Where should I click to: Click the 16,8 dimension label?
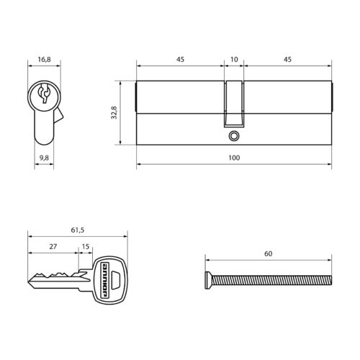(45, 59)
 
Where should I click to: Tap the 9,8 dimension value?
(44, 158)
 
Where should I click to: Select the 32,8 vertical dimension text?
(114, 112)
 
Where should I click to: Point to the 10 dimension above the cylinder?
(234, 59)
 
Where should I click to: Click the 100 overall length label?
(234, 158)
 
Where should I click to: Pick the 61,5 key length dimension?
(78, 230)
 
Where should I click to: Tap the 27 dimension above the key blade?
(53, 246)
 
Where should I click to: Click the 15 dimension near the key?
(86, 246)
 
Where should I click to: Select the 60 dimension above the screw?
(269, 253)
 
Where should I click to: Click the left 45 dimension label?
(180, 59)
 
